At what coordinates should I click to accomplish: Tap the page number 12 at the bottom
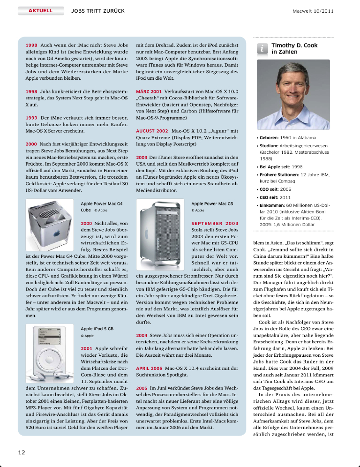pos(22,452)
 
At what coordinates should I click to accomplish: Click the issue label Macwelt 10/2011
pos(313,10)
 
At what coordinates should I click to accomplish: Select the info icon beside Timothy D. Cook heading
pos(262,49)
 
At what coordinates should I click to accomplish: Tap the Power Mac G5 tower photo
pos(161,233)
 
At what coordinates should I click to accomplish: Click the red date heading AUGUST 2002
pos(151,130)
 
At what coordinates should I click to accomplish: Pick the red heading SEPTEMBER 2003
pos(215,223)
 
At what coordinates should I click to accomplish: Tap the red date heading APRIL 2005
pos(149,369)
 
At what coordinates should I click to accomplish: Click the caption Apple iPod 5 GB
pos(97,329)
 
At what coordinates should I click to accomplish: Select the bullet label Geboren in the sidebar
pos(269,138)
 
